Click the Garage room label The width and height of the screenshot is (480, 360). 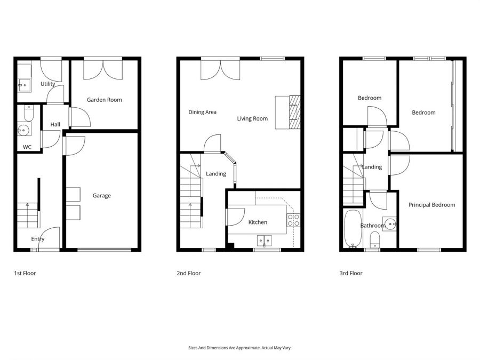102,196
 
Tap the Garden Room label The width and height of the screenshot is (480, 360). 105,100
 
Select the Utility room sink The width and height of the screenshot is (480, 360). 25,85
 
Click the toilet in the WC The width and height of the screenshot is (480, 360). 28,114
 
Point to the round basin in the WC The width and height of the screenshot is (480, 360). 23,131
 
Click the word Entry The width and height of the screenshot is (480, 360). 38,239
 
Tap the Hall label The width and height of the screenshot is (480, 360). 55,124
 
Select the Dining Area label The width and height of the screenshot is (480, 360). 202,112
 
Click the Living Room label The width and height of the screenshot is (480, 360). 252,118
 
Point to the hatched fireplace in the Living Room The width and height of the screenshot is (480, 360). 295,112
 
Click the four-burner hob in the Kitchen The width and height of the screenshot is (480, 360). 293,220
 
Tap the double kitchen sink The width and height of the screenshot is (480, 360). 264,241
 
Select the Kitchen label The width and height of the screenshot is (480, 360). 258,222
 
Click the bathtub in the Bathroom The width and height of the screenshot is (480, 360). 353,228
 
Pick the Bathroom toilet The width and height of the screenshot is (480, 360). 375,239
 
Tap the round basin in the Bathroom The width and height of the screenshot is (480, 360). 390,224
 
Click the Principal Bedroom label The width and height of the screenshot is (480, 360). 431,205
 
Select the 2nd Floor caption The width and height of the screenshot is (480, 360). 189,273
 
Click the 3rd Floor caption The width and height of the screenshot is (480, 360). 351,273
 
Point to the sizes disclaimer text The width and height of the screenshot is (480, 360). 239,348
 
